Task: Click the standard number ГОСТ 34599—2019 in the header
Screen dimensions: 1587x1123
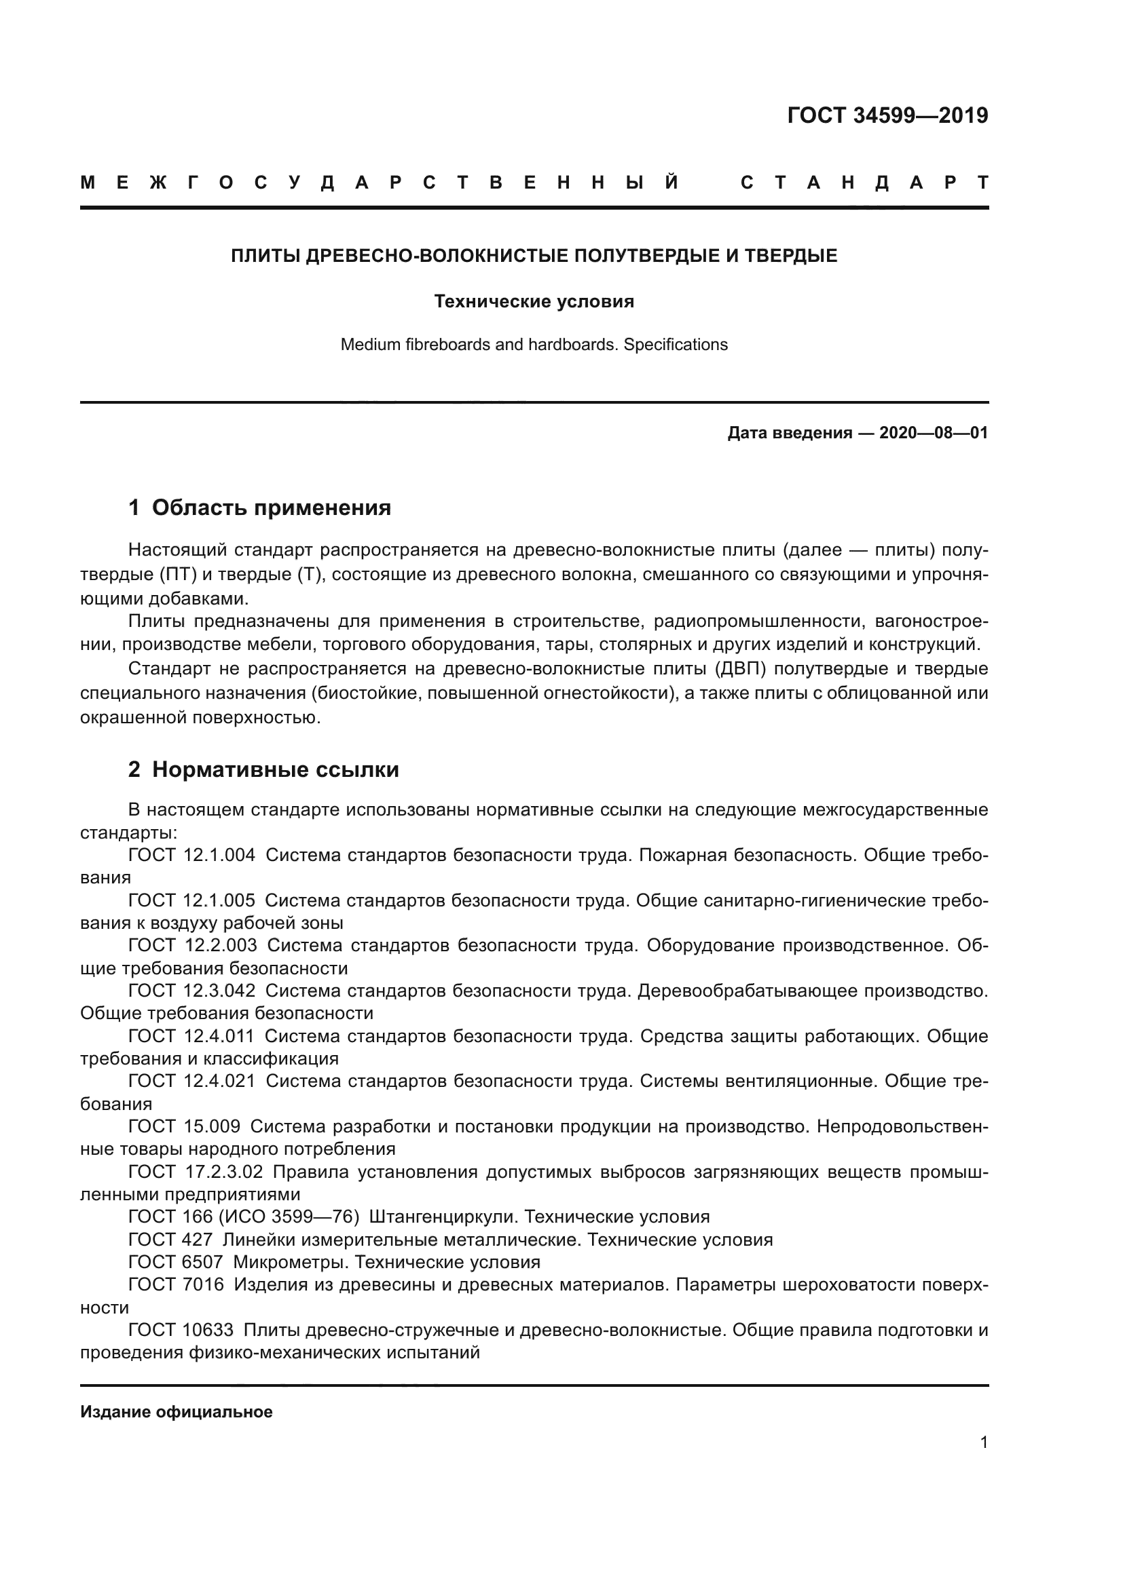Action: (887, 115)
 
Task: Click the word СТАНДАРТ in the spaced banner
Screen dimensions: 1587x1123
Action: (864, 183)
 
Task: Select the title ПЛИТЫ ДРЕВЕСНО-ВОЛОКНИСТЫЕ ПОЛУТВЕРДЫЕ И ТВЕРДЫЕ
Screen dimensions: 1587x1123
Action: (533, 256)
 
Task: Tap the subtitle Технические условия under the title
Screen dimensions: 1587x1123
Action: (533, 302)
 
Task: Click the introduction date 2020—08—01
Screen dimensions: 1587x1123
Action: (933, 434)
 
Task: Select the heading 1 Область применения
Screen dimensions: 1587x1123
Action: (259, 508)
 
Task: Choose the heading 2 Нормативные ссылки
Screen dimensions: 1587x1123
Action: (263, 770)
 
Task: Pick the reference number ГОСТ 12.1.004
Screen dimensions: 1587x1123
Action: (191, 855)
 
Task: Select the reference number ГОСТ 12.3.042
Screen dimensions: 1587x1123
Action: (191, 991)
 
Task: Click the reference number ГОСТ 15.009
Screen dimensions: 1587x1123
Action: (184, 1127)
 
